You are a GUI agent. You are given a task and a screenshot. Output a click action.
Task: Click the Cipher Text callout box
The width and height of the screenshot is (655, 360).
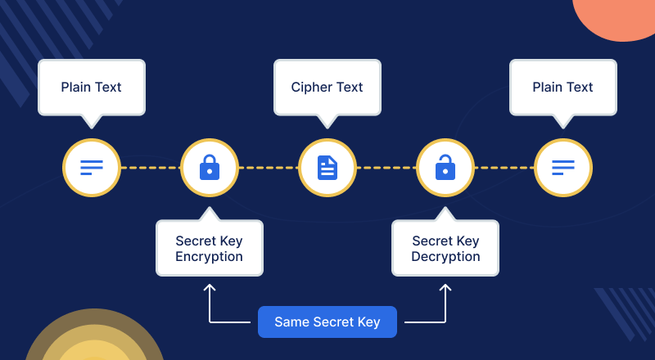327,87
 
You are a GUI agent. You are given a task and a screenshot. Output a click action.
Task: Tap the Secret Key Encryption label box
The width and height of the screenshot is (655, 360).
209,249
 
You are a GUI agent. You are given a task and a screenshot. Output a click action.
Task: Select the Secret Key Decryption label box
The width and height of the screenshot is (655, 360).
445,249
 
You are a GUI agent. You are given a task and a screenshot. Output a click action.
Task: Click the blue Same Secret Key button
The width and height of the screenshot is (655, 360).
327,322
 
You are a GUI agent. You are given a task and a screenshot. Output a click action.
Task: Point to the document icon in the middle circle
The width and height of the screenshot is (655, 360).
327,169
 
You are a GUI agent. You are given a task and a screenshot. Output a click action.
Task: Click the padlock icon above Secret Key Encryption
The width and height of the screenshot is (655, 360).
210,169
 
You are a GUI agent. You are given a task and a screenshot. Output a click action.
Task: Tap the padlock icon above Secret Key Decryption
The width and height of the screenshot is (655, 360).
445,169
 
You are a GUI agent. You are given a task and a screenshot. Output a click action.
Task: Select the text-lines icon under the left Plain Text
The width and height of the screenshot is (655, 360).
92,169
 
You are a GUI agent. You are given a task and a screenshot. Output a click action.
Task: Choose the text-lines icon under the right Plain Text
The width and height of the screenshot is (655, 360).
563,169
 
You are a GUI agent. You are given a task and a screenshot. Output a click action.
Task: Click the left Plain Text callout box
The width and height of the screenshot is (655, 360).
92,87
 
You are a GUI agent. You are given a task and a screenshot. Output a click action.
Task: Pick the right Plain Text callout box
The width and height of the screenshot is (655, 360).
562,87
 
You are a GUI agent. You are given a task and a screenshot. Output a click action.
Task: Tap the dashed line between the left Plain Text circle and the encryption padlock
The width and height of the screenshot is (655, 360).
150,169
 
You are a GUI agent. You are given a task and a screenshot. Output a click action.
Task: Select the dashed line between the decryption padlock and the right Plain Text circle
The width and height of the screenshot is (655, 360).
504,169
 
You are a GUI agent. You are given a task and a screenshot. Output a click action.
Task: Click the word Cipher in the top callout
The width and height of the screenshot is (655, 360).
309,87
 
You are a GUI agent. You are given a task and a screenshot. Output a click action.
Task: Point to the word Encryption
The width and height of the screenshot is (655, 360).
209,257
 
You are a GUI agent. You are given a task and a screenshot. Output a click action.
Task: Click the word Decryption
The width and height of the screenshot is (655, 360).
445,257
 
